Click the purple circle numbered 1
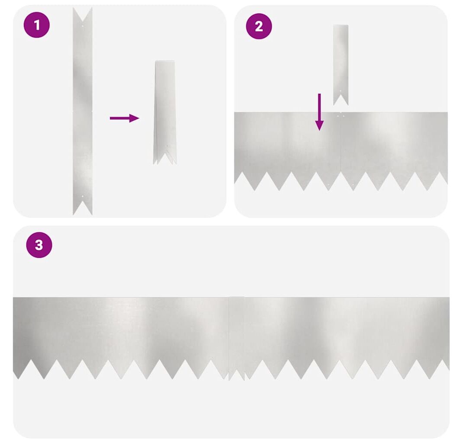click(x=37, y=25)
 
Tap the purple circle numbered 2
click(x=259, y=26)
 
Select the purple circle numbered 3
click(x=39, y=245)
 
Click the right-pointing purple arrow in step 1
click(x=124, y=118)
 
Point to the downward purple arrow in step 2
click(x=319, y=112)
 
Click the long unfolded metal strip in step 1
click(x=82, y=111)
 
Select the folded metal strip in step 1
click(x=165, y=112)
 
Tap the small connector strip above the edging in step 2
click(x=341, y=65)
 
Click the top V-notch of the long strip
click(x=82, y=21)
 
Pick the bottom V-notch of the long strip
click(x=82, y=202)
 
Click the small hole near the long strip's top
click(x=82, y=26)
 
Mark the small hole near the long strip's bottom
click(x=82, y=196)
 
